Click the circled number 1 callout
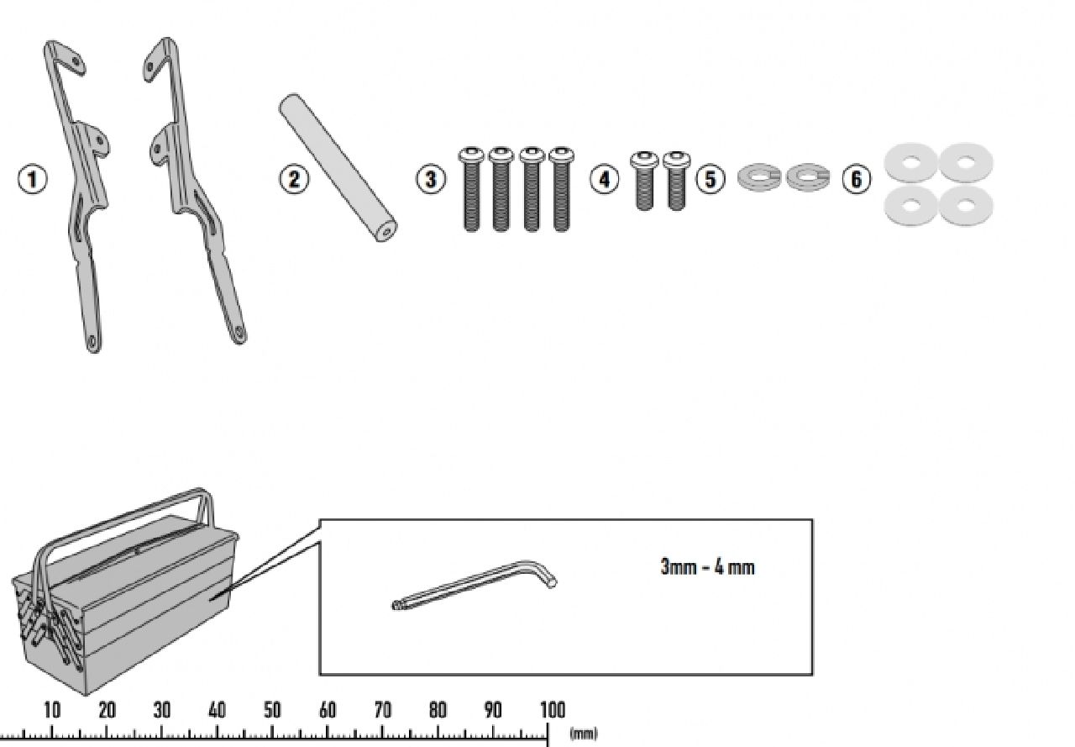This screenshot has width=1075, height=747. [x=33, y=180]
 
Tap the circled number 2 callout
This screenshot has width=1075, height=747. [x=294, y=180]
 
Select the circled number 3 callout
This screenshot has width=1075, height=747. [x=431, y=180]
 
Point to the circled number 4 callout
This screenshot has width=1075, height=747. [x=604, y=180]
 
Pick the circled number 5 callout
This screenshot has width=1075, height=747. [x=711, y=180]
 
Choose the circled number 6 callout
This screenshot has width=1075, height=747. [x=857, y=180]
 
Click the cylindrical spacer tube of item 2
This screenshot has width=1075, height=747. [x=338, y=167]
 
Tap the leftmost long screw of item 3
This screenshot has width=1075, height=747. [x=471, y=189]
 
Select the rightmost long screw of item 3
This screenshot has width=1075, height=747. [x=561, y=189]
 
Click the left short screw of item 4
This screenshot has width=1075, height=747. [x=644, y=181]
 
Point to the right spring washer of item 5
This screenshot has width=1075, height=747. [x=808, y=176]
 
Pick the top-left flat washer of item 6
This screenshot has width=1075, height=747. [x=911, y=163]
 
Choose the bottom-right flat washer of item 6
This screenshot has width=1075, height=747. [x=966, y=206]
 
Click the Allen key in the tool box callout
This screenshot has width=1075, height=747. [x=475, y=585]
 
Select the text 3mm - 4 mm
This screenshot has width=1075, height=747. [x=707, y=567]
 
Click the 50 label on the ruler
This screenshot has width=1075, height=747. [x=272, y=709]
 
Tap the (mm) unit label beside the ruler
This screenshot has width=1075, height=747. [x=584, y=734]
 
